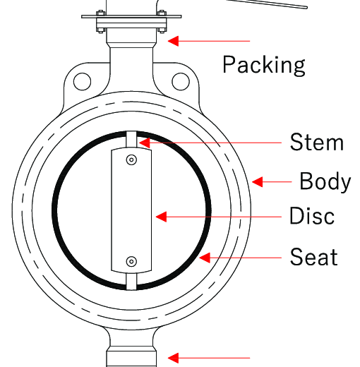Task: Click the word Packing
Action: coord(264,66)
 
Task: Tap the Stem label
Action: coord(317,142)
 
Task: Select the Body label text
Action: coord(325,181)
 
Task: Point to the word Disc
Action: coord(312,215)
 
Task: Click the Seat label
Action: coord(314,256)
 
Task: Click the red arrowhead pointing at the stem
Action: coord(144,143)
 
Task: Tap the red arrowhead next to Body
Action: coord(257,182)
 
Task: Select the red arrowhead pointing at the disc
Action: coord(161,217)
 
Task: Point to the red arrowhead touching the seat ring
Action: coord(205,258)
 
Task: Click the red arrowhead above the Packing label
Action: coord(173,41)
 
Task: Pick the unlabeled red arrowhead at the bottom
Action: coord(173,358)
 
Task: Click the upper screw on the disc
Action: coord(131,160)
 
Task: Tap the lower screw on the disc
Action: coord(131,261)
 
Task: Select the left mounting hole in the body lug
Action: coord(83,82)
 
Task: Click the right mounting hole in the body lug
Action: coord(181,82)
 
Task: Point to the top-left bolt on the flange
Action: coord(101,13)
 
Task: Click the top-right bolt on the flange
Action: coord(162,13)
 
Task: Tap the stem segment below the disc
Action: coord(131,282)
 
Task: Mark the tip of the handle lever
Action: coord(306,8)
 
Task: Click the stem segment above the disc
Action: coord(131,140)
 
